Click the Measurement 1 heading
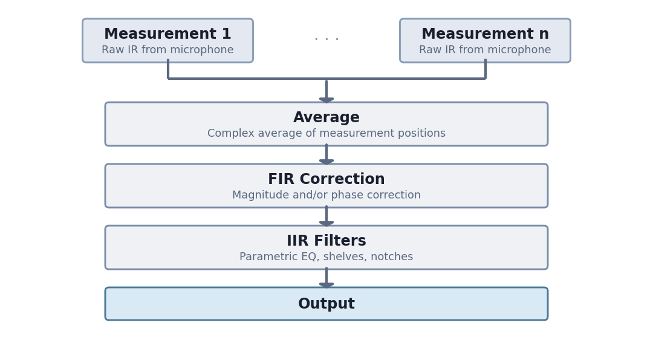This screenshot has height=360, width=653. pyautogui.click(x=167, y=34)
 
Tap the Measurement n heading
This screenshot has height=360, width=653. pyautogui.click(x=485, y=34)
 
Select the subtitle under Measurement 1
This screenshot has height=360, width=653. pyautogui.click(x=167, y=50)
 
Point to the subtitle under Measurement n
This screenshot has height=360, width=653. pyautogui.click(x=485, y=50)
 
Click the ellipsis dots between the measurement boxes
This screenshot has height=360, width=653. pyautogui.click(x=326, y=39)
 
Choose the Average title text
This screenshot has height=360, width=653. pyautogui.click(x=326, y=118)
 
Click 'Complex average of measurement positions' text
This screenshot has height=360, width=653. pyautogui.click(x=326, y=134)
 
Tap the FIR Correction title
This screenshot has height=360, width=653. pyautogui.click(x=326, y=180)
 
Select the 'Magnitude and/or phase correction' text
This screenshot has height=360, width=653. pyautogui.click(x=326, y=195)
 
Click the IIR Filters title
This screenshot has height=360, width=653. pyautogui.click(x=326, y=241)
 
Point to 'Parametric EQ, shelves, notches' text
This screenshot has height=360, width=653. pyautogui.click(x=326, y=257)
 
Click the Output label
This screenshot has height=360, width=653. pyautogui.click(x=326, y=304)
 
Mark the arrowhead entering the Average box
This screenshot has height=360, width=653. pyautogui.click(x=326, y=99)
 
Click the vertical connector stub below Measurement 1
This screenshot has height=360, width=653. pyautogui.click(x=168, y=69)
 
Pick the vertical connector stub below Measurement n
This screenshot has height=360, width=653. pyautogui.click(x=485, y=69)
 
